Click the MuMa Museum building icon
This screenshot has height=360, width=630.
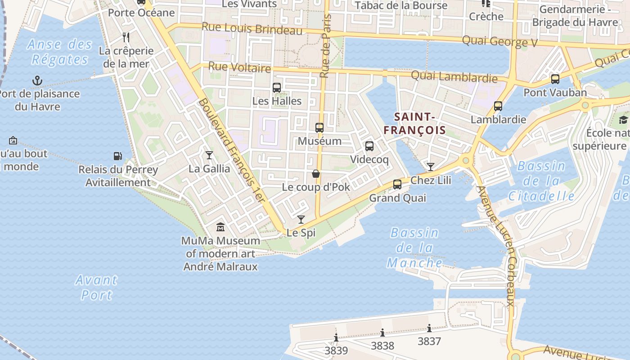tap(220, 227)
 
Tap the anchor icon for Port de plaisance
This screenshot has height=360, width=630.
tap(37, 81)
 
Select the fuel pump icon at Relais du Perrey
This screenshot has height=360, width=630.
tap(118, 156)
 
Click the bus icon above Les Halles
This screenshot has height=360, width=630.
tap(277, 88)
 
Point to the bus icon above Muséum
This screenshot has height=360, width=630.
tap(319, 128)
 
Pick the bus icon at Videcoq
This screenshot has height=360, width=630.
tap(369, 146)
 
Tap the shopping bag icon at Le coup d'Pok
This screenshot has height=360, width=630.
tap(316, 174)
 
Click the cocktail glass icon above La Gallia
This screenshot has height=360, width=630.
tap(209, 155)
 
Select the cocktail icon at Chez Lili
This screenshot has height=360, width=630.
tap(431, 167)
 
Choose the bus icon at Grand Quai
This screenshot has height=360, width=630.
tap(397, 184)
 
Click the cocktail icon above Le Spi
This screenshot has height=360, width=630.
tap(301, 220)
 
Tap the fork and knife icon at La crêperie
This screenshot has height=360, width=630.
tap(126, 37)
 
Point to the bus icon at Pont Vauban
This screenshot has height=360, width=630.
tap(555, 79)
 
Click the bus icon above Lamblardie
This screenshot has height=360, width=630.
tap(498, 106)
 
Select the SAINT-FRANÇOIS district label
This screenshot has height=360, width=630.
tap(414, 123)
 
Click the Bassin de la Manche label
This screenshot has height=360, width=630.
tap(414, 247)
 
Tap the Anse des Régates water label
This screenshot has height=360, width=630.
tap(59, 52)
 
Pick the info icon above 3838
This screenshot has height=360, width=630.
tap(382, 333)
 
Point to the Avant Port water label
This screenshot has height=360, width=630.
tap(96, 287)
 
